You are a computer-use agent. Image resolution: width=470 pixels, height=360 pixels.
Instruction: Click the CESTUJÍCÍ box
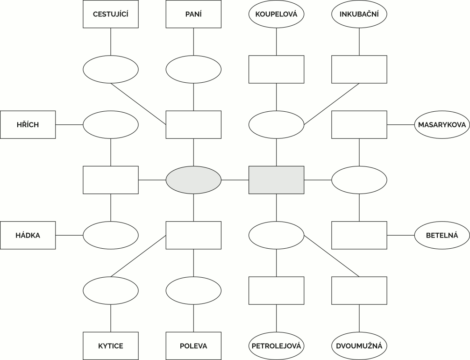point(111,14)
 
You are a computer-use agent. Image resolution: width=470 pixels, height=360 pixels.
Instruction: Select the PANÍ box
point(193,14)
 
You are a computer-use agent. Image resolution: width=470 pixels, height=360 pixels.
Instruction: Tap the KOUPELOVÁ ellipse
point(277,14)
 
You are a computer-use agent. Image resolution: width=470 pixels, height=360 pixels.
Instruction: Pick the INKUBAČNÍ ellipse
point(359,14)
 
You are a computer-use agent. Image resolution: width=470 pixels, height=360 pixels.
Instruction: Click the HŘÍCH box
point(28,125)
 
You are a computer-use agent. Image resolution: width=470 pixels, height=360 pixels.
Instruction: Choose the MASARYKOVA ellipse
point(442,125)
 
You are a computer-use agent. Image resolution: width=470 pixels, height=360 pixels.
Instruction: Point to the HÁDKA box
point(28,235)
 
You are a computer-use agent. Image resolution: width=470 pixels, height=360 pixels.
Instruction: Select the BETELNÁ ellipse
point(442,235)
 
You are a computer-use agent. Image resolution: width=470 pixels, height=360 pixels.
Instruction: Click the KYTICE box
point(111,346)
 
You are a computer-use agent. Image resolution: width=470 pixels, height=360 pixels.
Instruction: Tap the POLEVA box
point(193,346)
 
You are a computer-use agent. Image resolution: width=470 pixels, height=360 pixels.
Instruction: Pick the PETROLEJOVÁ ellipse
point(277,346)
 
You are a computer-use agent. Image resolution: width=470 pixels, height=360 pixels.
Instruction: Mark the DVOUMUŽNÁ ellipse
point(359,346)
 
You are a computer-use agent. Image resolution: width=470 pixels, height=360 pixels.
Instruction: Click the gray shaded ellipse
point(193,180)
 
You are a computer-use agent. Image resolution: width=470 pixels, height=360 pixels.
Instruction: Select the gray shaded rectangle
point(277,180)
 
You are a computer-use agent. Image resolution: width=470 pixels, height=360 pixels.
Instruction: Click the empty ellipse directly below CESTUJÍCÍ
point(111,69)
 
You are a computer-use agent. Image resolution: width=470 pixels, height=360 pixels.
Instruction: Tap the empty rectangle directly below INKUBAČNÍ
point(359,69)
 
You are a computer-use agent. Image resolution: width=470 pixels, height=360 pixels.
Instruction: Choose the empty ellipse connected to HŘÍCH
point(111,125)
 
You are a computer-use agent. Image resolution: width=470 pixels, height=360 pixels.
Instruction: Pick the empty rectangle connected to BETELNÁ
point(359,235)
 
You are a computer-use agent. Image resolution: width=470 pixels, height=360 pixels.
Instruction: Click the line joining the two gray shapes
point(235,180)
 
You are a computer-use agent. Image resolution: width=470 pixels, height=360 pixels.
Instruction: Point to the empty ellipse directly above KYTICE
point(111,290)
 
